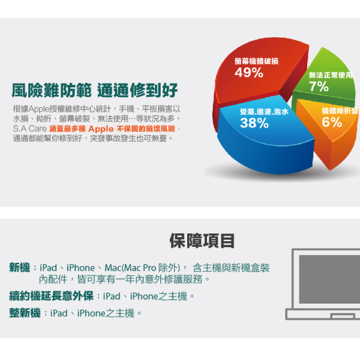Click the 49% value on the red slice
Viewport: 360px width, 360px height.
248,73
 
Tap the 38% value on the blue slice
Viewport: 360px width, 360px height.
254,123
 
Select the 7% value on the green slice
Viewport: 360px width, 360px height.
319,86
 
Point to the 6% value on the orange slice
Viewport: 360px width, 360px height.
332,122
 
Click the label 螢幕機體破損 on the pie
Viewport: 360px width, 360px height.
256,61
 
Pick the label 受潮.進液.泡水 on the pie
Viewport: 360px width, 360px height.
264,112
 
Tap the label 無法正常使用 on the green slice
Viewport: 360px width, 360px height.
331,75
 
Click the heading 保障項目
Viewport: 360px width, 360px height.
202,241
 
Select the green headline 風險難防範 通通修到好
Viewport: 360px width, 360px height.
95,91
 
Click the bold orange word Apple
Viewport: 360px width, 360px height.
101,129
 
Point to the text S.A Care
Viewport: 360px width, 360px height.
30,128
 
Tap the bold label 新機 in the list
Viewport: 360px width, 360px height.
20,268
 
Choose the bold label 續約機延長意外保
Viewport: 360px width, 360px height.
51,296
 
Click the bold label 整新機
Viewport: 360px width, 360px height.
25,313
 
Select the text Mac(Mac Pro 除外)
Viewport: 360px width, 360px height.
142,268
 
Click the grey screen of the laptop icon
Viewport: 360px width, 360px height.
329,279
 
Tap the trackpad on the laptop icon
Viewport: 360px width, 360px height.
343,316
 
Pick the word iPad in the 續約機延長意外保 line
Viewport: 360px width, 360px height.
112,296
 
